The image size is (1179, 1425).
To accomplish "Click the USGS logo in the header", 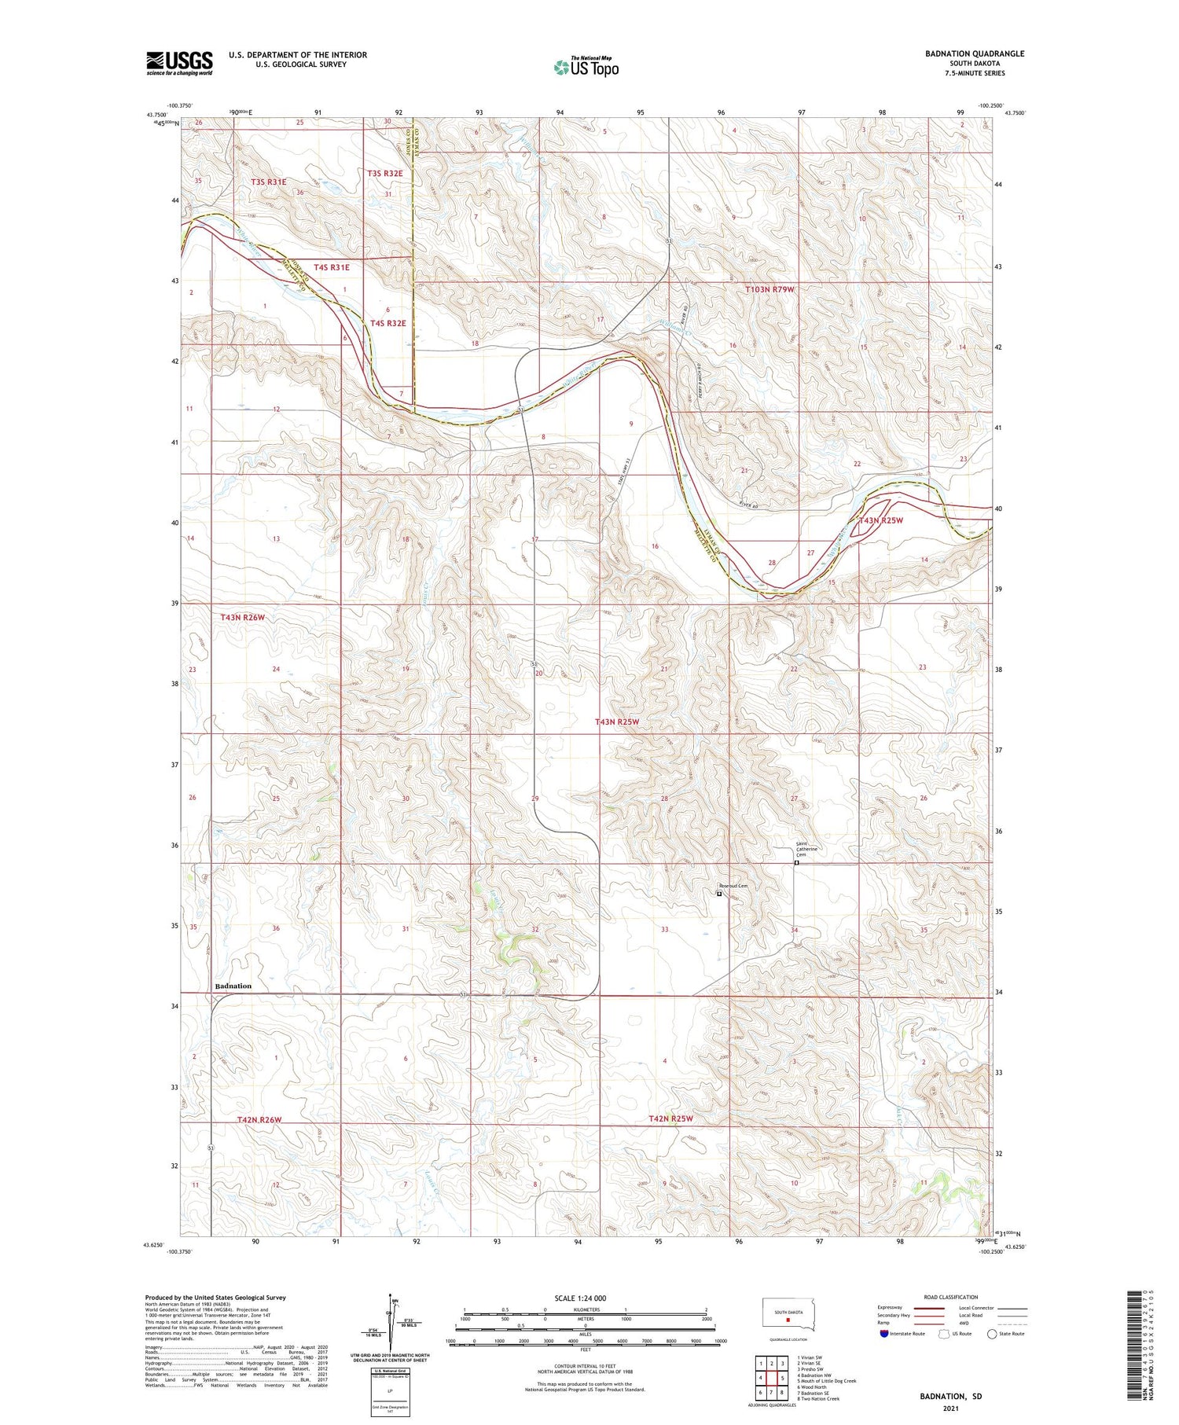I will tap(179, 62).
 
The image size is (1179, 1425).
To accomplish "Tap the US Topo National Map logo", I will tap(586, 67).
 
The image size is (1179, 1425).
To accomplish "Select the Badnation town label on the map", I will tap(233, 986).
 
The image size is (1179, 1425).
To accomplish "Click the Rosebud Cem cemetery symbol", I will tap(719, 893).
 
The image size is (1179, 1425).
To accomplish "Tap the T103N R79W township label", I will tap(769, 289).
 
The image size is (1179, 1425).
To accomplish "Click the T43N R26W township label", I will tap(243, 617).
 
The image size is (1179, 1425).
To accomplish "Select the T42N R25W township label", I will tap(670, 1118).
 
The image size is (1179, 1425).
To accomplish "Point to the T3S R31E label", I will tap(268, 182).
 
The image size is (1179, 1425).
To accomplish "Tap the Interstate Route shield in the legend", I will tap(885, 1334).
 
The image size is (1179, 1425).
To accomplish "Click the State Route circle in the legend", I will tap(992, 1334).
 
